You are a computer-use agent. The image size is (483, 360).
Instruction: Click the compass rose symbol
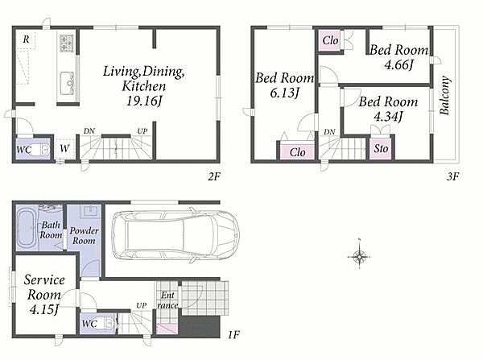click(359, 255)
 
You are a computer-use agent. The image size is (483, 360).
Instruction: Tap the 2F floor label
click(214, 176)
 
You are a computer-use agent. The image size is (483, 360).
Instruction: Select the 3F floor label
click(452, 176)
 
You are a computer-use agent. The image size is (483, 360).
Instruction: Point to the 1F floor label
click(233, 334)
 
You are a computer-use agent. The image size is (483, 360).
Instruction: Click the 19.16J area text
click(143, 101)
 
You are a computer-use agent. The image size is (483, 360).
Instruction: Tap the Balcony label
click(445, 96)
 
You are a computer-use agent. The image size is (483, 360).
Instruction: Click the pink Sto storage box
click(381, 148)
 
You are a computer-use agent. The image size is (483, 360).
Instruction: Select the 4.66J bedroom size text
click(398, 64)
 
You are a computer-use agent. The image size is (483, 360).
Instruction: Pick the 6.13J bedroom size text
click(284, 93)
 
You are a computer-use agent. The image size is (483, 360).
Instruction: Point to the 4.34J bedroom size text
click(388, 116)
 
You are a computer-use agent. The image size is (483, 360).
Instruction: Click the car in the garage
click(175, 235)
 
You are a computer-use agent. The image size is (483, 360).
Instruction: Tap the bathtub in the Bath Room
click(27, 229)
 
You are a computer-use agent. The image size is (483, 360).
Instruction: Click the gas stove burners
click(67, 43)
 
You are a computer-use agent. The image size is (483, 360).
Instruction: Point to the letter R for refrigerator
click(27, 39)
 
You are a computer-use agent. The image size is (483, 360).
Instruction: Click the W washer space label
click(64, 148)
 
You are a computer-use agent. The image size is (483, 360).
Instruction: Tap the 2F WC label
click(23, 150)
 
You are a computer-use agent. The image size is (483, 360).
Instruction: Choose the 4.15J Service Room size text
click(44, 309)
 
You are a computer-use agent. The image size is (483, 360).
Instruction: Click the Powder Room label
click(84, 235)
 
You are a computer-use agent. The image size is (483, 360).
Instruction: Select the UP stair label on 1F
click(142, 305)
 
